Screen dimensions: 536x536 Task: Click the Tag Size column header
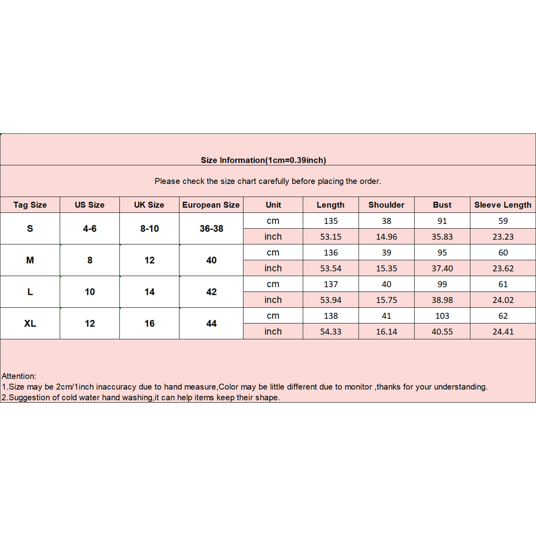click(30, 205)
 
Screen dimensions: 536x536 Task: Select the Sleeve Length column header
click(503, 205)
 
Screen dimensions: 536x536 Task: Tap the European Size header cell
click(211, 205)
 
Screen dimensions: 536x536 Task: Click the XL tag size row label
click(30, 323)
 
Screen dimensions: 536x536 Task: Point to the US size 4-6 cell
click(89, 228)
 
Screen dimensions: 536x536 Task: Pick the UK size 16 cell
click(149, 323)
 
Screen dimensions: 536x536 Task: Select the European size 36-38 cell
click(211, 228)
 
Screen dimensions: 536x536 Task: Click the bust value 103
click(442, 316)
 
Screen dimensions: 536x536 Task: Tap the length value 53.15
click(330, 237)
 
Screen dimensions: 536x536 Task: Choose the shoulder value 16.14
click(386, 331)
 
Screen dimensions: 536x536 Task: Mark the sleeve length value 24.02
click(503, 300)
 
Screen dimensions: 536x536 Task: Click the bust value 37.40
click(442, 268)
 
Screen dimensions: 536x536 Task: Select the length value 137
click(330, 284)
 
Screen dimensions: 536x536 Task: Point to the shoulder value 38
click(386, 221)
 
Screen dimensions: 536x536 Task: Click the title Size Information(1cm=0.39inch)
click(263, 160)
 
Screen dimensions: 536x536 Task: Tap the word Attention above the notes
click(18, 376)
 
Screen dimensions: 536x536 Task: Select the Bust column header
click(442, 205)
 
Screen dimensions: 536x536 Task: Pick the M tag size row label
click(30, 260)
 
